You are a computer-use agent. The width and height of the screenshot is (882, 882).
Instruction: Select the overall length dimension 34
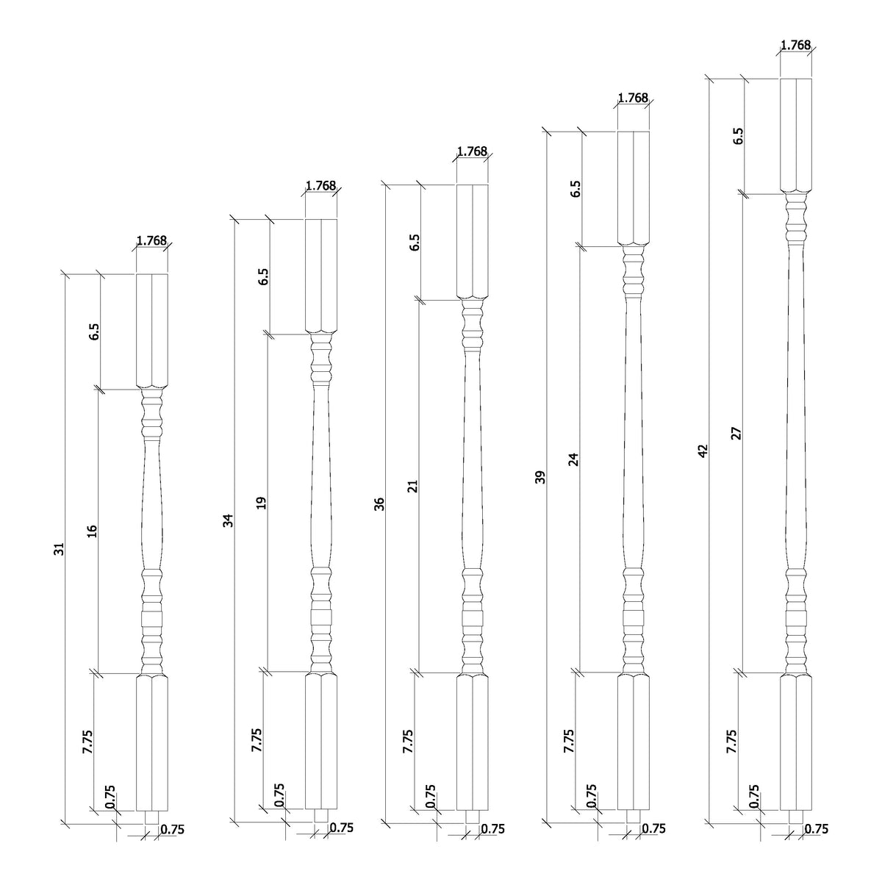tap(228, 520)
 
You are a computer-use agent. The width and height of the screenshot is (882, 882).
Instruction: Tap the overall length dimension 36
tap(379, 503)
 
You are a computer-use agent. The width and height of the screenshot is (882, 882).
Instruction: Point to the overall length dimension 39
tap(542, 477)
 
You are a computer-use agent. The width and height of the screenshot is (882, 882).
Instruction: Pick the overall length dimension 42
tap(703, 451)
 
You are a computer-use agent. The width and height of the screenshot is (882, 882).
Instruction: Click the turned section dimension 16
tap(93, 531)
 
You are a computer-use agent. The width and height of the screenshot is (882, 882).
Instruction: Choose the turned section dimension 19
tap(262, 503)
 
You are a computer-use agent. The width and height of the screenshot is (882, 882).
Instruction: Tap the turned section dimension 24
tap(575, 459)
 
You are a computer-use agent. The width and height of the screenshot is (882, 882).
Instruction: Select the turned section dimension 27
tap(737, 433)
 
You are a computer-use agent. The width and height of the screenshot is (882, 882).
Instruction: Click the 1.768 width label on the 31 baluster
tap(151, 240)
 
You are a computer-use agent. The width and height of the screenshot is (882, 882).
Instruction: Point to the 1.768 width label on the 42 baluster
tap(795, 45)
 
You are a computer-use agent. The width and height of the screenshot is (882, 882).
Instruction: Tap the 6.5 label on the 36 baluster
tap(415, 243)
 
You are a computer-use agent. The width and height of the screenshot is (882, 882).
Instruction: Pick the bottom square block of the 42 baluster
tap(796, 743)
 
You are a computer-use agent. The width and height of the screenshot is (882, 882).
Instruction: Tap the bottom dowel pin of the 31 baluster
tap(152, 817)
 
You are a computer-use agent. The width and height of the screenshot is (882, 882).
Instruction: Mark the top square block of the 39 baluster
tap(633, 187)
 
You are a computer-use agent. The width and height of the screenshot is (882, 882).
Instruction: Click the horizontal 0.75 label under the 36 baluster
tap(492, 828)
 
